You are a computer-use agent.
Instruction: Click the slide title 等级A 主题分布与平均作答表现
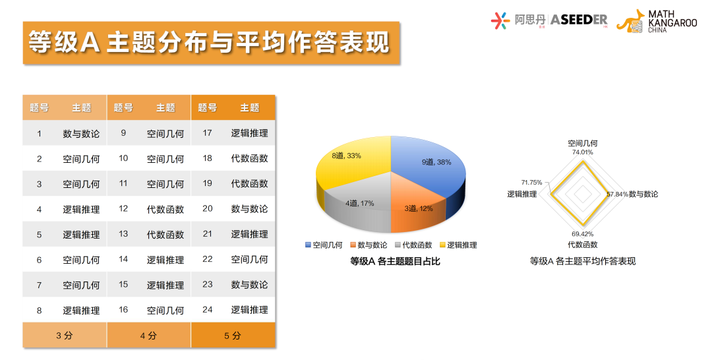[210, 43]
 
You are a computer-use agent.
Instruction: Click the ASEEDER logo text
[578, 20]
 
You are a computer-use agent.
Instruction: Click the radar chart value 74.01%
[583, 152]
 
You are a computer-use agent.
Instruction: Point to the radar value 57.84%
[616, 195]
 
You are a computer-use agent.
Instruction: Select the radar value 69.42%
[583, 234]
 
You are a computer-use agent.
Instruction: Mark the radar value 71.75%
[531, 183]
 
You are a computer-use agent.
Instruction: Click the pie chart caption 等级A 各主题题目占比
[395, 262]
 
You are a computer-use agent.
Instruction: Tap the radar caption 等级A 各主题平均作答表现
[583, 262]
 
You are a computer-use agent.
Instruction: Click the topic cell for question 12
[165, 209]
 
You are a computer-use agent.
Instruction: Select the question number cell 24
[208, 310]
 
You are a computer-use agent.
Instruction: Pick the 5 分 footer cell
[232, 336]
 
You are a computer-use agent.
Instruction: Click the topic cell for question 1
[81, 133]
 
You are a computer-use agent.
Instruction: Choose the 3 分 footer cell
[64, 336]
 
